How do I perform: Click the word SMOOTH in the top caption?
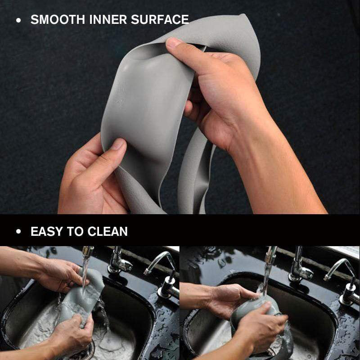click(57, 20)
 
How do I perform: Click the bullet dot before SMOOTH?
click(18, 20)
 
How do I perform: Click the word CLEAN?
click(108, 232)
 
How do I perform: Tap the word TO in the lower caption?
click(76, 232)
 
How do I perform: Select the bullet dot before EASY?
click(18, 232)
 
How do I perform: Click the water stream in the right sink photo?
click(267, 270)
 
